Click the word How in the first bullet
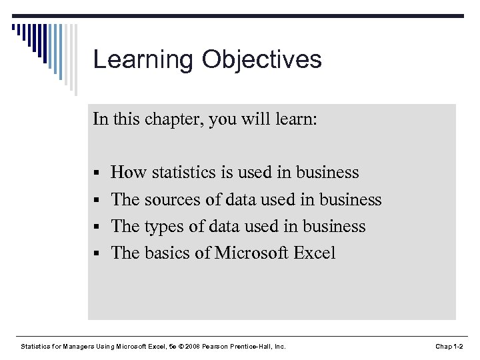[129, 173]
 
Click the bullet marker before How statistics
[97, 174]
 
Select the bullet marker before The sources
[97, 201]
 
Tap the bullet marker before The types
[97, 227]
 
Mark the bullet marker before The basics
[97, 254]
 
